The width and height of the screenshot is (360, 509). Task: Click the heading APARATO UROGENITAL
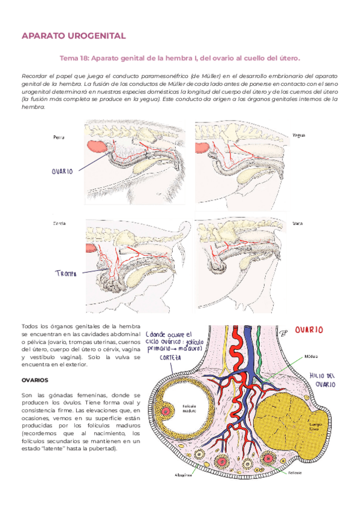73,37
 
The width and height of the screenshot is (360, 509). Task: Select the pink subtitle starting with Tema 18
180,58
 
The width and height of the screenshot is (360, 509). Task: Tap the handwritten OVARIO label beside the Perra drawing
62,171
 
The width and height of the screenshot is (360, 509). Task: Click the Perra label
59,137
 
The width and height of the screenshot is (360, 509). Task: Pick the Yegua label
298,135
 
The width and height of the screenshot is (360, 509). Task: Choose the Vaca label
297,224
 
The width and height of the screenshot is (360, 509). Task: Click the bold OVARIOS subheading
34,380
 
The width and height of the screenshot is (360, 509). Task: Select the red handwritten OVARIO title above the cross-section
308,330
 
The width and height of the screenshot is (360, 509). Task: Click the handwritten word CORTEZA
170,357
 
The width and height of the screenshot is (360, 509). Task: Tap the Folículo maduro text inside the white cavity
190,408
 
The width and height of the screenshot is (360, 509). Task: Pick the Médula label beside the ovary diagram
311,356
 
